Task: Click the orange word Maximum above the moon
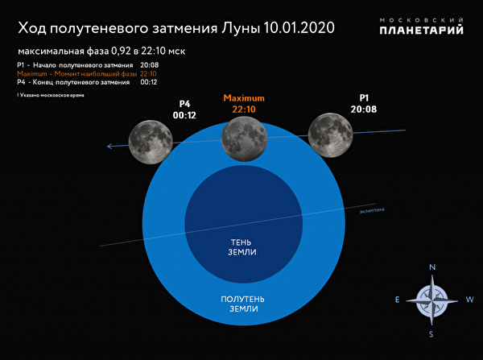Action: tap(244, 98)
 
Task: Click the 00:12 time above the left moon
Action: tap(184, 114)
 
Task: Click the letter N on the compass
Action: tap(433, 268)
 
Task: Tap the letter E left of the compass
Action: tap(397, 300)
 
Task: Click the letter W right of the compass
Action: tap(470, 300)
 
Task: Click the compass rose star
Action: tap(433, 300)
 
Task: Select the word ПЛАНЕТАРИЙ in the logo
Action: tap(422, 31)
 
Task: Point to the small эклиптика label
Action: tap(372, 211)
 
